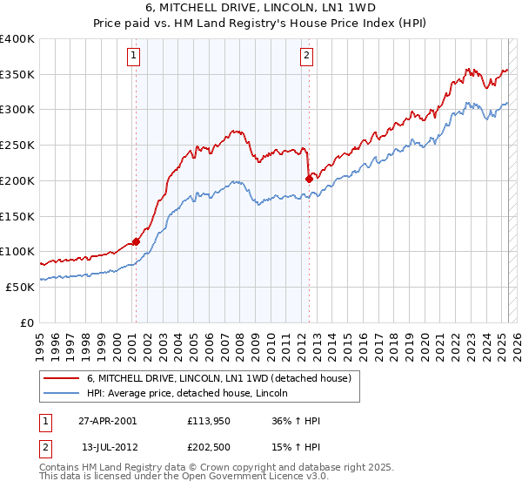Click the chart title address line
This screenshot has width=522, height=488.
[260, 8]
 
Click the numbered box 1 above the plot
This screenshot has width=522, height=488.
[134, 57]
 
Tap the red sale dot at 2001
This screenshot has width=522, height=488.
[136, 242]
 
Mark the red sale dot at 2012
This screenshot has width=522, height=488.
[309, 179]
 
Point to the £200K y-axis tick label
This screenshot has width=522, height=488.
[17, 180]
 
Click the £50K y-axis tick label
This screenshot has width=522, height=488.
[20, 287]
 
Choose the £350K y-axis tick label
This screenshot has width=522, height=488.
[17, 75]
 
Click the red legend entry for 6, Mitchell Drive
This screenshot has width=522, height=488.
[218, 378]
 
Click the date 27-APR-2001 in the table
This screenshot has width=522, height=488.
[107, 421]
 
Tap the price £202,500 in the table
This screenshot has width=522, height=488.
[208, 447]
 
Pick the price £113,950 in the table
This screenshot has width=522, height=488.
[208, 421]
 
